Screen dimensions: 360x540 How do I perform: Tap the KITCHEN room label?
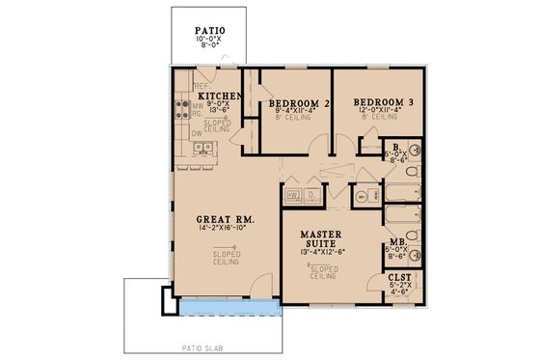click(218, 97)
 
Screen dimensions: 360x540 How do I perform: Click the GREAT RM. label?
click(224, 219)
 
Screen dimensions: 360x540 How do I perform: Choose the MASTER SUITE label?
click(322, 239)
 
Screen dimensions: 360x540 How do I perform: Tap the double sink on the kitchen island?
click(203, 148)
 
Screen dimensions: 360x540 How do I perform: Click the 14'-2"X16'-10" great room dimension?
click(224, 230)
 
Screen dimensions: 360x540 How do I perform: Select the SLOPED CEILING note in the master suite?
click(322, 271)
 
